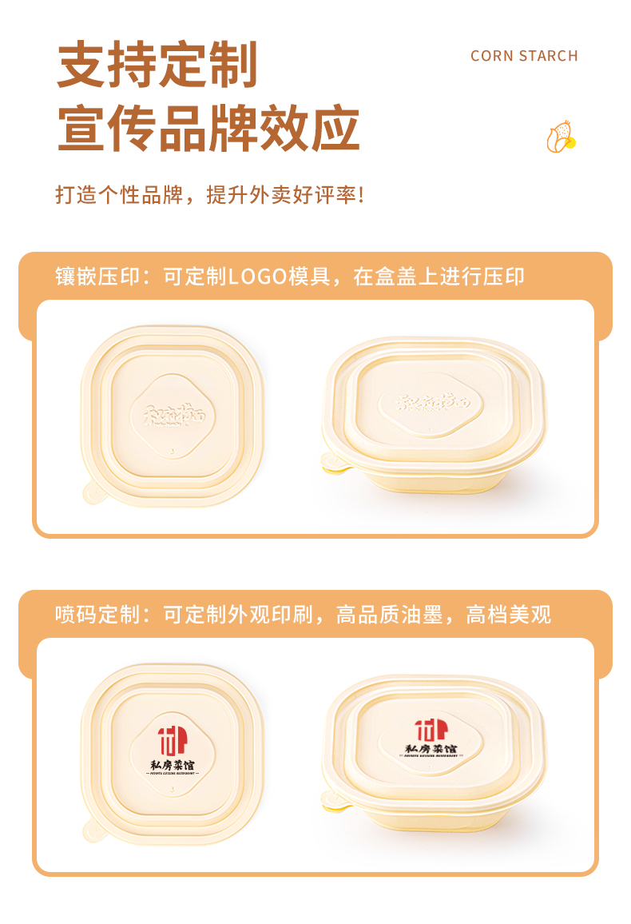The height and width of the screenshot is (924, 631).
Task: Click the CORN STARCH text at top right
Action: tap(524, 56)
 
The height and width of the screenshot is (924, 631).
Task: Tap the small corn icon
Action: tap(561, 137)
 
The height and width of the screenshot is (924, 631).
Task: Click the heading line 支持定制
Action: tap(157, 65)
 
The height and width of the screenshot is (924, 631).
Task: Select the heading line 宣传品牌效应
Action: tap(208, 128)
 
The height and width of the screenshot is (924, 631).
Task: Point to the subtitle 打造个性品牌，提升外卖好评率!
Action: tap(209, 194)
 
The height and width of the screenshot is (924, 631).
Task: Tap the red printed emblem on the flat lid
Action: tap(172, 739)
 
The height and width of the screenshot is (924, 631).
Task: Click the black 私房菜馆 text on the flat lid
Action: tap(172, 765)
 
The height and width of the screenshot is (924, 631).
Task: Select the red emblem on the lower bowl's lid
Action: tap(431, 730)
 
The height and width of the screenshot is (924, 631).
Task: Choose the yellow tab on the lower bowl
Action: tap(334, 804)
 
